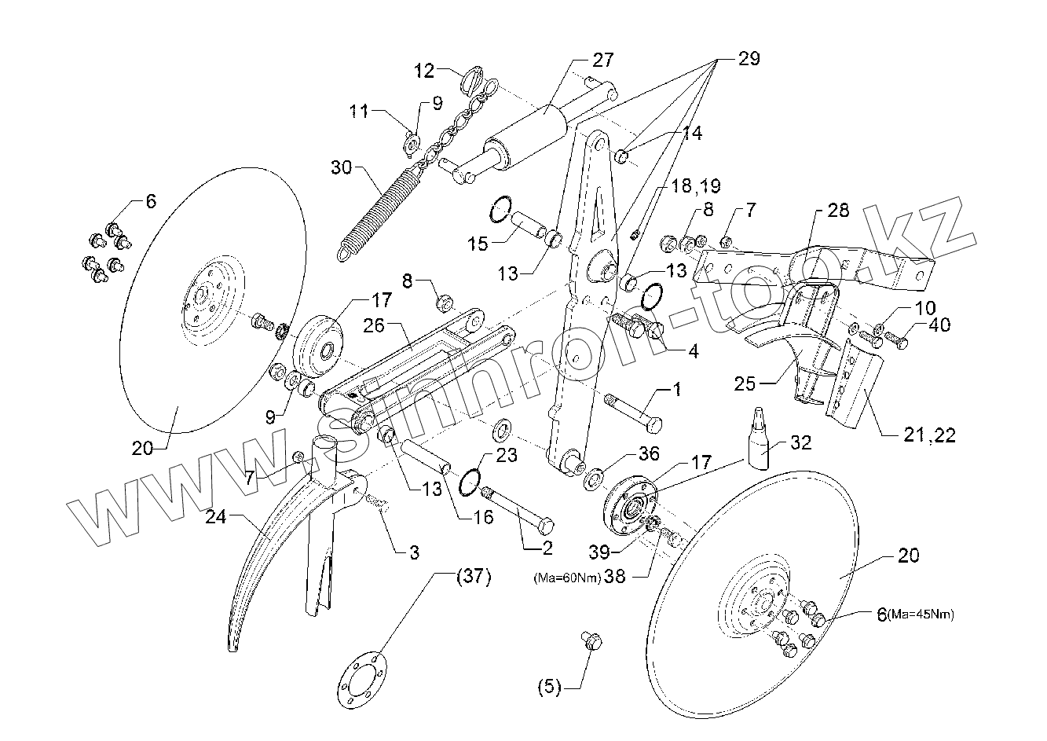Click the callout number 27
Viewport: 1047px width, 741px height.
[602, 60]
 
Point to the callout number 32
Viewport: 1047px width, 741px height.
[799, 442]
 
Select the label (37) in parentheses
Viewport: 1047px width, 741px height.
[473, 578]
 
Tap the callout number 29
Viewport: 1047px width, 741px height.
[749, 59]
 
